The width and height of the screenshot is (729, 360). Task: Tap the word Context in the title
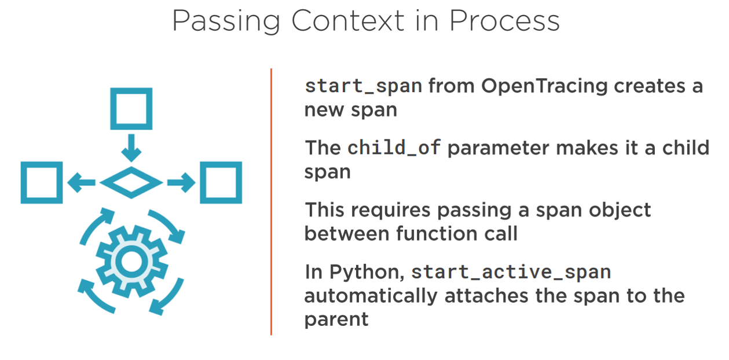[x=348, y=21]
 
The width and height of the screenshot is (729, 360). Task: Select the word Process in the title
[x=504, y=21]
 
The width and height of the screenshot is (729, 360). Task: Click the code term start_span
[x=364, y=87]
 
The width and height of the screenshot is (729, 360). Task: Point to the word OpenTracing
[x=544, y=87]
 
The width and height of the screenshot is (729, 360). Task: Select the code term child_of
[x=394, y=148]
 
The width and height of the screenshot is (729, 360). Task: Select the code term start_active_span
[x=511, y=272]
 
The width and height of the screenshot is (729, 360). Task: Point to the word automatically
[x=371, y=296]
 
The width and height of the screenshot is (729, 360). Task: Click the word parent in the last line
[x=336, y=320]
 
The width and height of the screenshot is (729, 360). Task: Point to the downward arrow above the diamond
[x=131, y=148]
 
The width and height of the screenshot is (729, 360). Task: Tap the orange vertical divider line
[x=271, y=201]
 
